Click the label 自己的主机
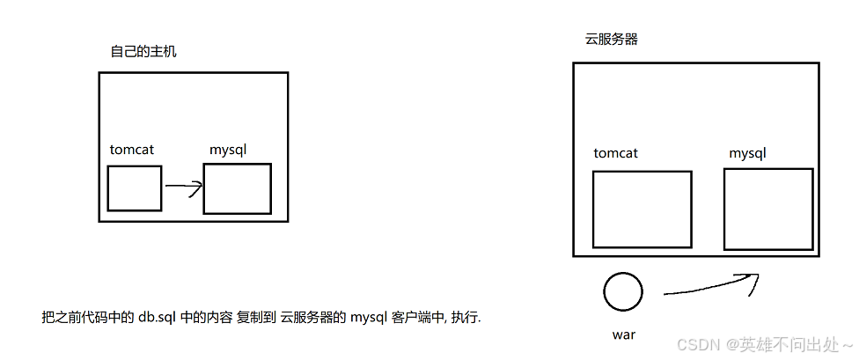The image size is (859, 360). point(143,52)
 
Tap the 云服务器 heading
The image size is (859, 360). point(612,40)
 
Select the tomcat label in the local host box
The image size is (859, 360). point(132,150)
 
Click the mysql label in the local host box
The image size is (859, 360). point(228,150)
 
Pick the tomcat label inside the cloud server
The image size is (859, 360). point(615,153)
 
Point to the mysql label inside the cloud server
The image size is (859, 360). point(747,153)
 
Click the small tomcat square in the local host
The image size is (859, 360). point(135,188)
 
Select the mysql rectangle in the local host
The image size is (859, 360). point(237,188)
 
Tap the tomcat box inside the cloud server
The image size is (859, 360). point(642,209)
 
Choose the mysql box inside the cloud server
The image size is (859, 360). point(767,208)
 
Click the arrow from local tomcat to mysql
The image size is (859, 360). point(184,187)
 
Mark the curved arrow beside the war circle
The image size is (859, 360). point(709,285)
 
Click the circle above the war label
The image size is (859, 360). point(623,291)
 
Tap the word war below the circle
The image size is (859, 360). point(623,334)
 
